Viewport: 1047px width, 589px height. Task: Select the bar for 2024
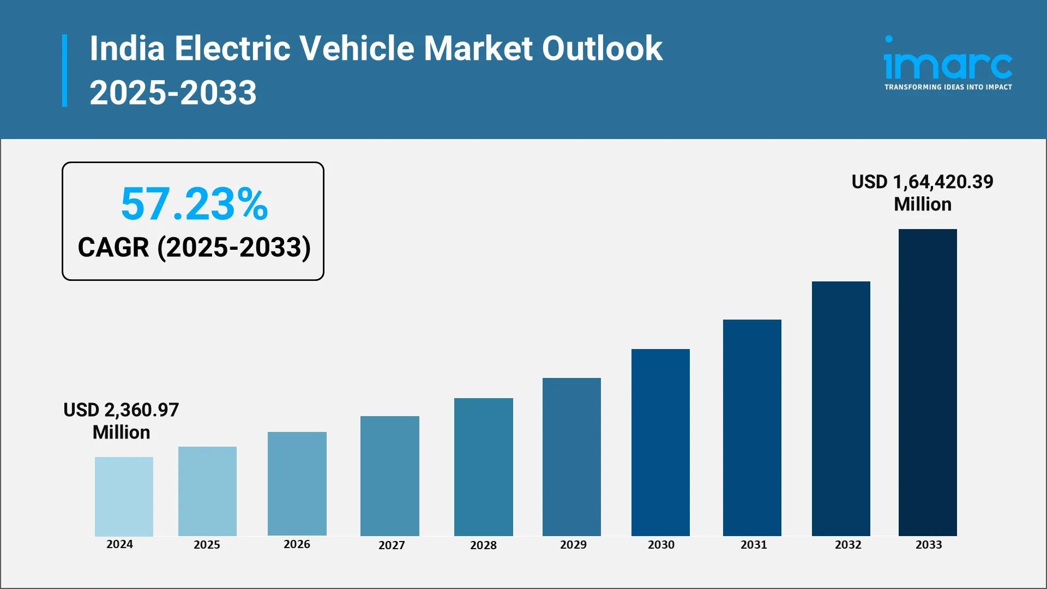(124, 496)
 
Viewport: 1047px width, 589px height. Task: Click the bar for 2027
(389, 476)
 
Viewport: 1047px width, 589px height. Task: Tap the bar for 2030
(660, 442)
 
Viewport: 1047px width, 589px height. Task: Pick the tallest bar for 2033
(928, 382)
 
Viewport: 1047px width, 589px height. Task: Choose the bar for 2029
(571, 456)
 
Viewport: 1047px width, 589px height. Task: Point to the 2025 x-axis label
(207, 545)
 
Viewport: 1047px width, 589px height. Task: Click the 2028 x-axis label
(483, 545)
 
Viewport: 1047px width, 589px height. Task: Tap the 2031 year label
(754, 545)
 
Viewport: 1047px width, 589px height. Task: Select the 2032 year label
(848, 545)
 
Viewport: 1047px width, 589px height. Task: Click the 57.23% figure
(194, 204)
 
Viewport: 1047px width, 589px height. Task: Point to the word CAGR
(113, 248)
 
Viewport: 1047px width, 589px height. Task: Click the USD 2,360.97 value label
(121, 410)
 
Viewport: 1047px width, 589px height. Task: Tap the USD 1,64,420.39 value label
(922, 182)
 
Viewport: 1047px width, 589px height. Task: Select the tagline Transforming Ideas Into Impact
(948, 87)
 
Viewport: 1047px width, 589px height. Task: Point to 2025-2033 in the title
(173, 93)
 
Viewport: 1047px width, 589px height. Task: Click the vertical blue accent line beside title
(65, 70)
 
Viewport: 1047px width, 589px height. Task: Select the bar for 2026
(297, 483)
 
